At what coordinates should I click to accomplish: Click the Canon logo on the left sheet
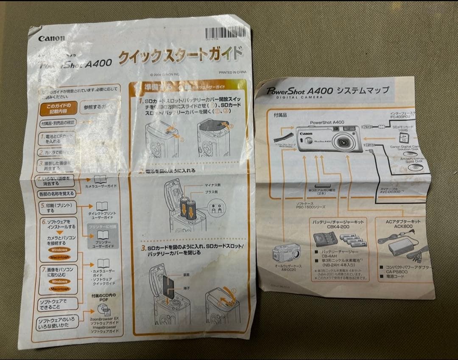pyautogui.click(x=52, y=38)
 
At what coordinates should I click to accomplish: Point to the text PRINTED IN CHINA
pyautogui.click(x=233, y=72)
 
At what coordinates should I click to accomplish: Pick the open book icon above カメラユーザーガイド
pyautogui.click(x=100, y=179)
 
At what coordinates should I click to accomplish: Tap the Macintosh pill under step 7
pyautogui.click(x=60, y=289)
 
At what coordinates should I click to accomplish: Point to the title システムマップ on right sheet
pyautogui.click(x=363, y=90)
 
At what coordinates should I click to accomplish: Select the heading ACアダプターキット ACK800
pyautogui.click(x=403, y=225)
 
